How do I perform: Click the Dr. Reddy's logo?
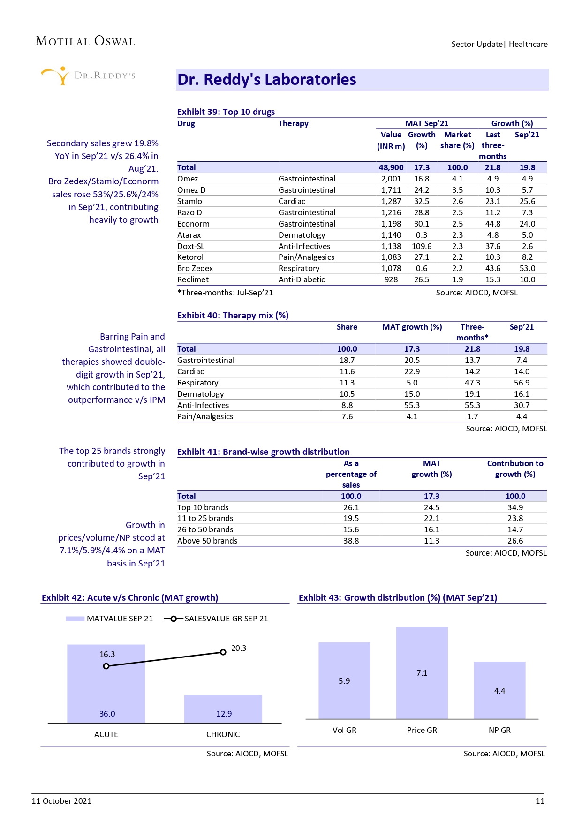[88, 75]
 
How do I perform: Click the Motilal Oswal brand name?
[85, 41]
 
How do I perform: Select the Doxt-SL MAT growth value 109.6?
[422, 246]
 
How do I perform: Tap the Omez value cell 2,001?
[391, 179]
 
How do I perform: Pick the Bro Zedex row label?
[195, 268]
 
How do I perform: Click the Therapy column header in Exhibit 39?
[293, 123]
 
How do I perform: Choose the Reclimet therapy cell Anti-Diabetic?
[302, 279]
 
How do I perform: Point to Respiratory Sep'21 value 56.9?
[522, 383]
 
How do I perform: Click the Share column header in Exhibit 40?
[347, 327]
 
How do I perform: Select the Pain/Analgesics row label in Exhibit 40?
[205, 416]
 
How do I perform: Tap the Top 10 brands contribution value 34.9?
[515, 507]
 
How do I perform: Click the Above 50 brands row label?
[207, 541]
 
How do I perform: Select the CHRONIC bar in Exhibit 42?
[223, 709]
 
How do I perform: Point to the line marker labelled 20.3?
[223, 652]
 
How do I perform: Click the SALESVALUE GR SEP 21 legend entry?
[216, 619]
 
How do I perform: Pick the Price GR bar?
[422, 673]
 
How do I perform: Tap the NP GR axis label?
[499, 730]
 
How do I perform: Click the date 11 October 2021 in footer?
[61, 801]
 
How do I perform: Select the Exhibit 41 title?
[263, 452]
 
